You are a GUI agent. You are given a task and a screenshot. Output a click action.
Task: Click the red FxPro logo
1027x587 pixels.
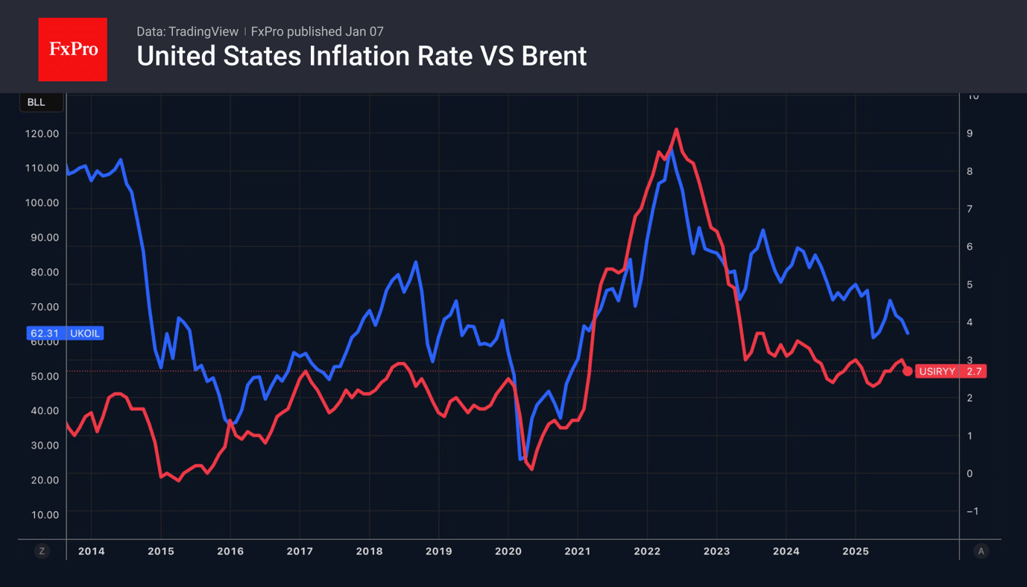[x=72, y=49]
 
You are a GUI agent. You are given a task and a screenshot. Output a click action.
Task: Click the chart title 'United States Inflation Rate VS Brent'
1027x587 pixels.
[x=361, y=57]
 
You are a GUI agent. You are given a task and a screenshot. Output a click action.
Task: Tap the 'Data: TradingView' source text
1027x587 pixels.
[x=187, y=31]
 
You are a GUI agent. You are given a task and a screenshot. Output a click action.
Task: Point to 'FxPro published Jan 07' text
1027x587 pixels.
[x=317, y=31]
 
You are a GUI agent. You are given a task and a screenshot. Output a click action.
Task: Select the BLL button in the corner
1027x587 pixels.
[x=37, y=102]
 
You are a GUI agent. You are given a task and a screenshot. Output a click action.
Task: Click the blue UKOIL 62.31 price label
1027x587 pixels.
[x=65, y=333]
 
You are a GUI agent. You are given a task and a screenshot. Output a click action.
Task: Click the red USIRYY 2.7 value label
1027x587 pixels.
[x=950, y=371]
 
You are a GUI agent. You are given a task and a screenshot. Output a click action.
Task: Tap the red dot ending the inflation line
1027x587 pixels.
[x=907, y=371]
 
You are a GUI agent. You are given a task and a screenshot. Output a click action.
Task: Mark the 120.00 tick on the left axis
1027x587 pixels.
[x=42, y=133]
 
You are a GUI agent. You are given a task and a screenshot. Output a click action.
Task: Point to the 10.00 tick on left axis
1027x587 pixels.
[x=43, y=515]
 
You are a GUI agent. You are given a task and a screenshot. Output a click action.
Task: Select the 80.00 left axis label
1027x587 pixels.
[x=43, y=272]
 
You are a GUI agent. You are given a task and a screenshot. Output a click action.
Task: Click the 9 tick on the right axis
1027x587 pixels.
[x=970, y=133]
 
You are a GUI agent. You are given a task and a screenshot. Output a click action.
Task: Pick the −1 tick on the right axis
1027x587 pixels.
[x=972, y=511]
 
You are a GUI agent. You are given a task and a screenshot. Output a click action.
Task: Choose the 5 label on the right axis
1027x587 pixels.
[x=970, y=285]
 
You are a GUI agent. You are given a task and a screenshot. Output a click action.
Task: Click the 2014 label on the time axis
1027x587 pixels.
[x=92, y=551]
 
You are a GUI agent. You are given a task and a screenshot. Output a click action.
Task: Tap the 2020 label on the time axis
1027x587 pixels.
[x=508, y=551]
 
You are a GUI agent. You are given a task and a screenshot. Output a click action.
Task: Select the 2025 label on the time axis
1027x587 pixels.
[x=856, y=551]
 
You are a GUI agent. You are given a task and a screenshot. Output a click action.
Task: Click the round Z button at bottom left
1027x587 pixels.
[x=42, y=551]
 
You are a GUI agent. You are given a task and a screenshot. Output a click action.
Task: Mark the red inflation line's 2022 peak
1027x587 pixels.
[x=676, y=130]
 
